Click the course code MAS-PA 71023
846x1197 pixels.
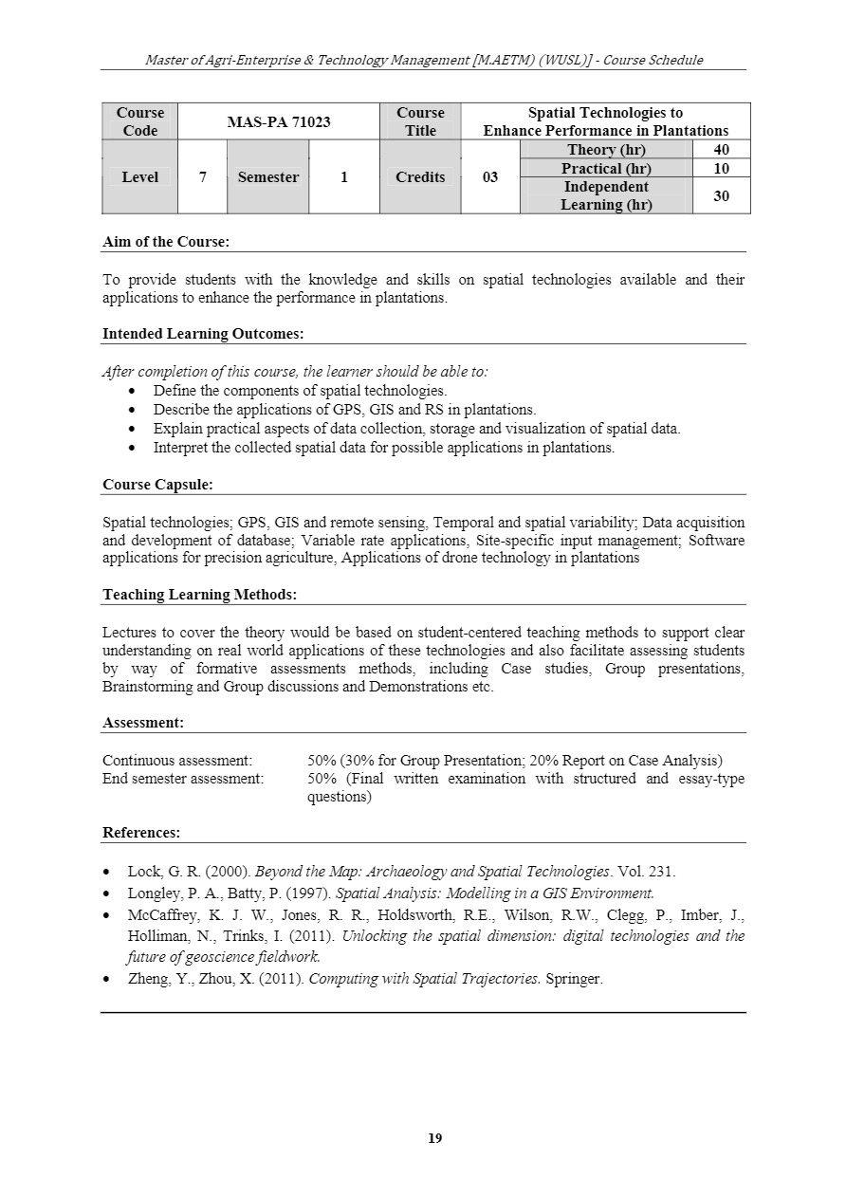coord(279,122)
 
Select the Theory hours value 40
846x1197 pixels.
coord(721,150)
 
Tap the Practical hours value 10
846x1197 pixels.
coord(721,169)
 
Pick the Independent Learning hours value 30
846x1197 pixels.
coord(721,196)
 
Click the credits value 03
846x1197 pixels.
coord(490,177)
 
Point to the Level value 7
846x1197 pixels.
coord(203,177)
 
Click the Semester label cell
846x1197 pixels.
coord(268,177)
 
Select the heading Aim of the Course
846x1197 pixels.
coord(166,242)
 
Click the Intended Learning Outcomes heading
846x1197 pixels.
coord(203,334)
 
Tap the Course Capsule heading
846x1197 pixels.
coord(157,485)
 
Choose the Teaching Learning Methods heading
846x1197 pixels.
coord(199,595)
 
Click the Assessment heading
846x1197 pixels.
coord(143,723)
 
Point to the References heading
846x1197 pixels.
coord(141,833)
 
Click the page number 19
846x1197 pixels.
coord(435,1138)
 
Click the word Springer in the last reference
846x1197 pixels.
coord(573,978)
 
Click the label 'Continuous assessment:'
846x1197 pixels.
coord(177,761)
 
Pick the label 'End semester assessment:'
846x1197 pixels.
coord(183,779)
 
